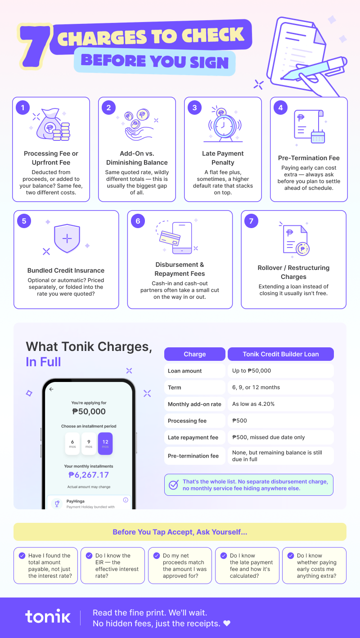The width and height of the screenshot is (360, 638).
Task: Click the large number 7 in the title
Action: click(34, 47)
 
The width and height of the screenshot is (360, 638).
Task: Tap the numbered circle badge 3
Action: click(194, 108)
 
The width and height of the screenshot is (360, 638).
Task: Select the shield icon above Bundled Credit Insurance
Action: click(67, 238)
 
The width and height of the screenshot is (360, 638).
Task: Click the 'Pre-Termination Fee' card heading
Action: click(309, 158)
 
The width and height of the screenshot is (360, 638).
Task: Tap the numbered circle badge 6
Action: click(138, 221)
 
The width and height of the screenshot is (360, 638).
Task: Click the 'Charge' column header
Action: click(195, 354)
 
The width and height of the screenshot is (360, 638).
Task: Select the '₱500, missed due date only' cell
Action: click(280, 437)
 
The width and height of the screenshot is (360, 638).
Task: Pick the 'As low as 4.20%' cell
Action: click(280, 404)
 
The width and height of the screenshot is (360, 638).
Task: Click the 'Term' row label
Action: click(174, 387)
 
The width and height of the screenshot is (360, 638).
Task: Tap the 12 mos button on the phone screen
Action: click(105, 444)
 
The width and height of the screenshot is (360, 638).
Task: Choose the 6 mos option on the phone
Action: click(72, 444)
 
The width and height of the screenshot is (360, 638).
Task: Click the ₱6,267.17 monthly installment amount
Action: click(89, 475)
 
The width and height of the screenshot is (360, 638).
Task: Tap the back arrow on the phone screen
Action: click(51, 389)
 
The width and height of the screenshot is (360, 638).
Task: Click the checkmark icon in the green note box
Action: click(173, 485)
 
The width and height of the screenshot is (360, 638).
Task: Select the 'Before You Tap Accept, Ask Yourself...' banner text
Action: click(180, 532)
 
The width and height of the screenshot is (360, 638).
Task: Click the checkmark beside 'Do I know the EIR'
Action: click(89, 555)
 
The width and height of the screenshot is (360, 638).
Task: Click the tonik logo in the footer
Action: click(48, 617)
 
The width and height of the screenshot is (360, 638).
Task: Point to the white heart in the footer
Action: click(227, 623)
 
